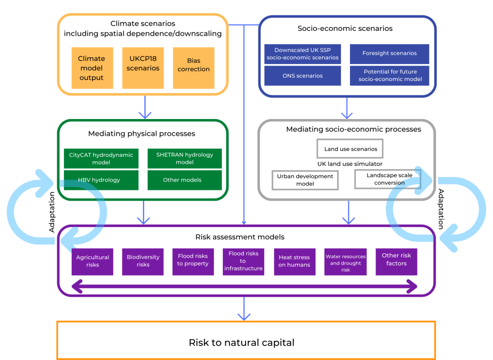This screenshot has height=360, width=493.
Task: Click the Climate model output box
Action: [92, 68]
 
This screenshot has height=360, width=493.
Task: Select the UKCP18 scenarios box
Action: [143, 68]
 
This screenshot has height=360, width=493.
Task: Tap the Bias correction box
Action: [193, 68]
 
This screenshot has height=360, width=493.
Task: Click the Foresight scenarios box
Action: [389, 53]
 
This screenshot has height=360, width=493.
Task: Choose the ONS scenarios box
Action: [302, 76]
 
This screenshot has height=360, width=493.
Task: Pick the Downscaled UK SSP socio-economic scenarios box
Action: [302, 53]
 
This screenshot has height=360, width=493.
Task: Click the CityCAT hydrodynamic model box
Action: [94, 159]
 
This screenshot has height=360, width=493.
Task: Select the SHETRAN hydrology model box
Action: [184, 159]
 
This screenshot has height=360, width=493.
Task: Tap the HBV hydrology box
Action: [94, 180]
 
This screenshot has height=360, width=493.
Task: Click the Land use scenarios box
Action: [350, 149]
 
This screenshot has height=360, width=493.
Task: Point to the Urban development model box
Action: [305, 180]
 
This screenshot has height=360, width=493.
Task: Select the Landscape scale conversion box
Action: [387, 179]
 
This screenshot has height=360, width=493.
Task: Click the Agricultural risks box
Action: [92, 261]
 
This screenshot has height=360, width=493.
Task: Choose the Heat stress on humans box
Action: [294, 261]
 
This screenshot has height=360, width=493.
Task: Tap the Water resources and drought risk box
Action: [345, 263]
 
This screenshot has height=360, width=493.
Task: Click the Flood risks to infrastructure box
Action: [244, 261]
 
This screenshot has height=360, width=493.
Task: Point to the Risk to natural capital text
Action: [241, 343]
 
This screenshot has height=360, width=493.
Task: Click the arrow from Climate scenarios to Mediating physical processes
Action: [144, 107]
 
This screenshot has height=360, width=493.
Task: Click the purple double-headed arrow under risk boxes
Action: [244, 287]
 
